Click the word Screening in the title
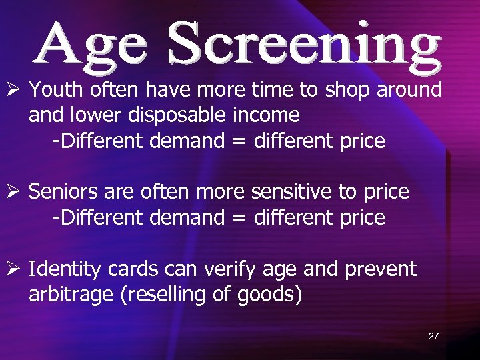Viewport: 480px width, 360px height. point(305,45)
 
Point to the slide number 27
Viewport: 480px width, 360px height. point(433,336)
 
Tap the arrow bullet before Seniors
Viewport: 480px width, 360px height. point(13,193)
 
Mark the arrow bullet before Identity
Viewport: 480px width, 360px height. point(13,270)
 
